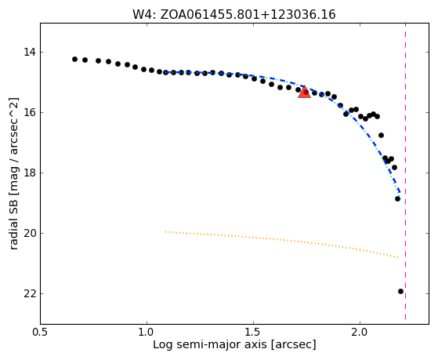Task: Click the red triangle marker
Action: [x=304, y=92]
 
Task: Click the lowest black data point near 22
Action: [x=400, y=292]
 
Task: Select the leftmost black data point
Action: [x=74, y=59]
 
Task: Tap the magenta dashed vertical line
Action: [x=405, y=171]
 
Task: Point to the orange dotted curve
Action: [x=282, y=241]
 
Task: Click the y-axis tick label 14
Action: [x=30, y=52]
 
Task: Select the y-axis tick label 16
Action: [x=30, y=112]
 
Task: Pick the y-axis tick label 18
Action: [x=30, y=173]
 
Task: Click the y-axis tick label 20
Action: [x=30, y=233]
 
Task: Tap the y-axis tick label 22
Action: [x=30, y=293]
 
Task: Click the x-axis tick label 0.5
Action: [x=41, y=333]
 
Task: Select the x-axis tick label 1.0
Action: [x=147, y=333]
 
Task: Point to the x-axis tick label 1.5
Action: [x=253, y=333]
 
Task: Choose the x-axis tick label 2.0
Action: [x=360, y=333]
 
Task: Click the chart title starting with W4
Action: [x=234, y=15]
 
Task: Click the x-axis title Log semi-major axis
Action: [x=209, y=345]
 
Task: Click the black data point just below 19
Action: [x=397, y=199]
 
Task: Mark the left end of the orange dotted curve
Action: [x=165, y=231]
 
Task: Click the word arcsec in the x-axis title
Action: [x=293, y=345]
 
